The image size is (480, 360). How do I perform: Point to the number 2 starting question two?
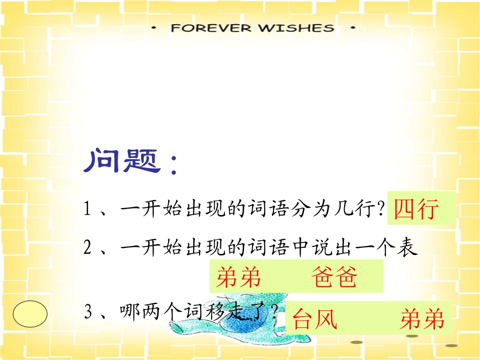pyautogui.click(x=87, y=247)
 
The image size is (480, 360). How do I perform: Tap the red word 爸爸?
pyautogui.click(x=334, y=277)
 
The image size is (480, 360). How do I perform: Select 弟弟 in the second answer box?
pyautogui.click(x=238, y=277)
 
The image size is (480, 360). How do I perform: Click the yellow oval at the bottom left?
pyautogui.click(x=30, y=314)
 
